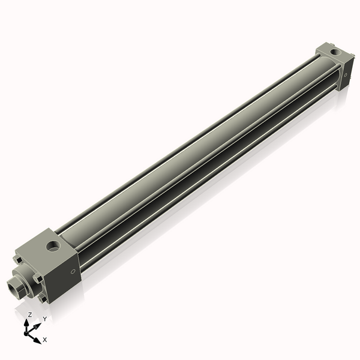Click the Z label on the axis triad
tap(29, 314)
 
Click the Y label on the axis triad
tap(44, 319)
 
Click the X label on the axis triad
tap(45, 340)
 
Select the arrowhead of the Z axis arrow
tap(28, 322)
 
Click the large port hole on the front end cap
tap(53, 245)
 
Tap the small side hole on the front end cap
tap(73, 272)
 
